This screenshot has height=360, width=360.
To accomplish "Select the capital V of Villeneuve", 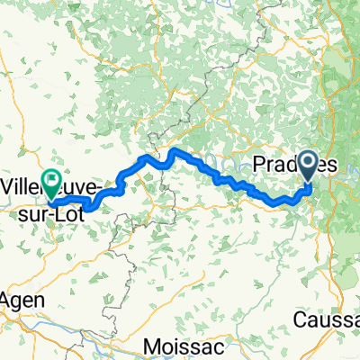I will [8, 185].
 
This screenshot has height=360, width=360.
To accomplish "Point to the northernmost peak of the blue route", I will [173, 149].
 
